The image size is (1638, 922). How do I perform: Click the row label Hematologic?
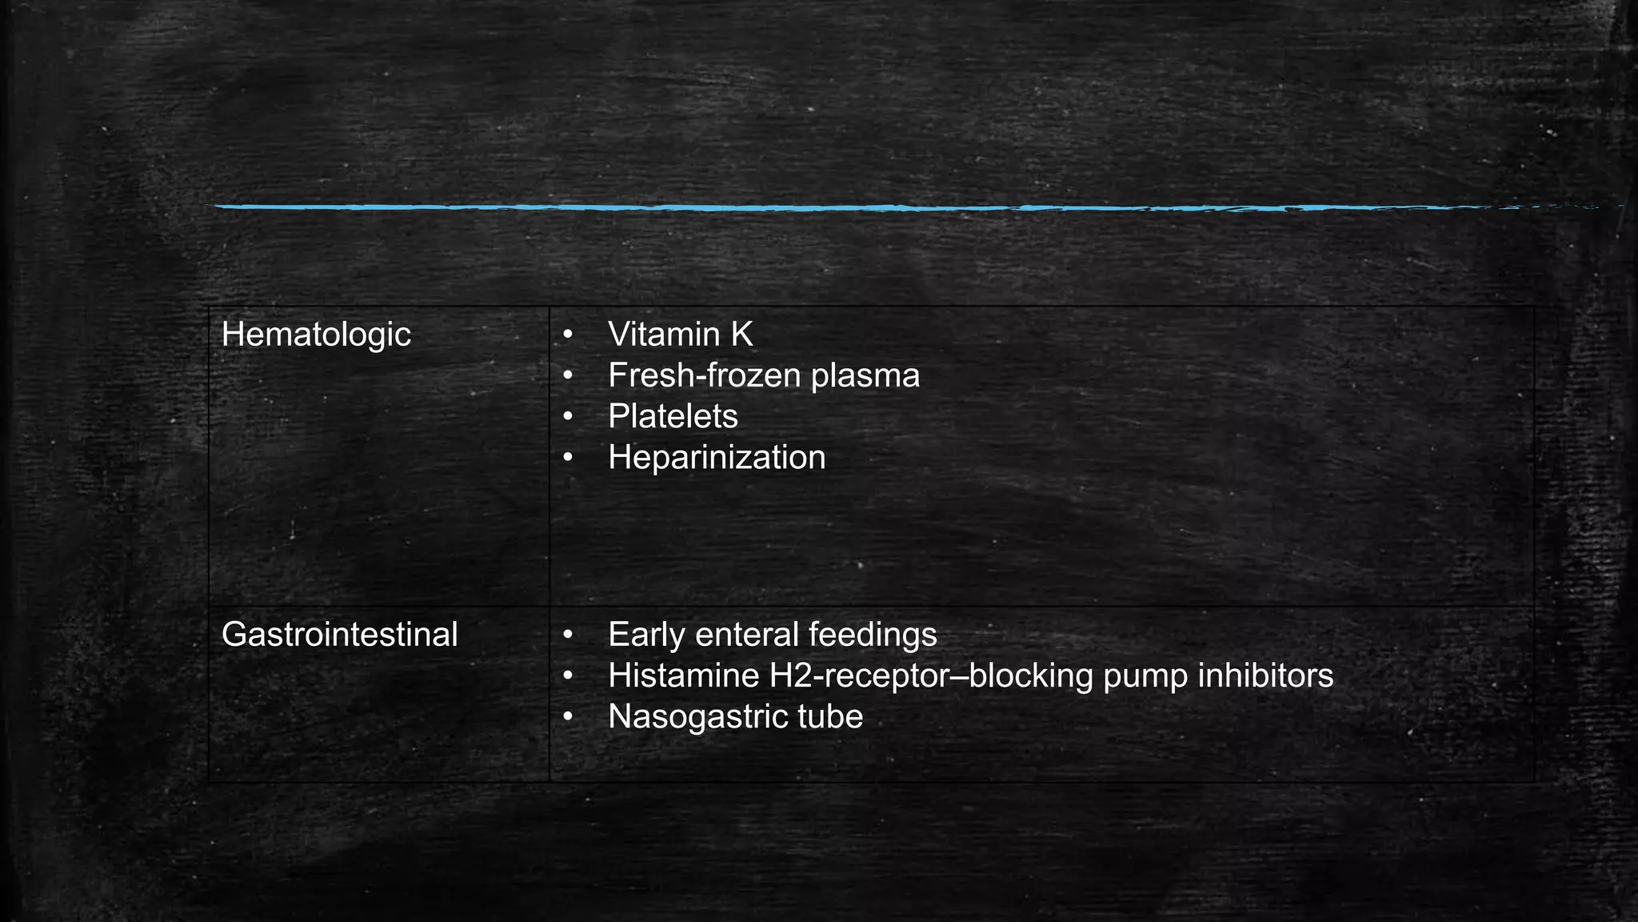pyautogui.click(x=316, y=335)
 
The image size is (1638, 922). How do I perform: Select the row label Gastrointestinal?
pyautogui.click(x=339, y=635)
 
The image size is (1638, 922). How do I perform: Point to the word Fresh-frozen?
pyautogui.click(x=705, y=375)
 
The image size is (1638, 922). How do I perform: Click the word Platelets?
pyautogui.click(x=673, y=416)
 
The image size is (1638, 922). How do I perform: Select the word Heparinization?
pyautogui.click(x=717, y=458)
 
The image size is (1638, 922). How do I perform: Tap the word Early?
pyautogui.click(x=646, y=635)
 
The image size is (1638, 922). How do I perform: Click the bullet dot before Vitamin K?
pyautogui.click(x=568, y=335)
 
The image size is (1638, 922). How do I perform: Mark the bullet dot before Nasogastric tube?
pyautogui.click(x=568, y=716)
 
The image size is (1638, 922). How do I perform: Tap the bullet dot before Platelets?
pyautogui.click(x=568, y=416)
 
